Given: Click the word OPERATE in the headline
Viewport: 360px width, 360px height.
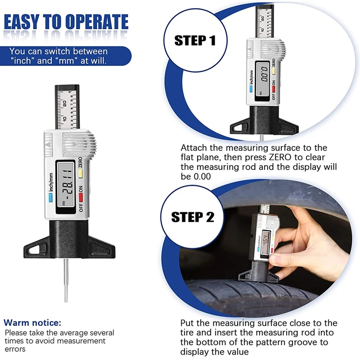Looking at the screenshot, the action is tap(97, 22).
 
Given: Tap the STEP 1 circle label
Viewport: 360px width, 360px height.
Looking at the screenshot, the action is tap(195, 40).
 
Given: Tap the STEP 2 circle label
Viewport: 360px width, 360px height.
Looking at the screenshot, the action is tap(193, 217).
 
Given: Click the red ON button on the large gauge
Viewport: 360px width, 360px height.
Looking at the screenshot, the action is tap(81, 197).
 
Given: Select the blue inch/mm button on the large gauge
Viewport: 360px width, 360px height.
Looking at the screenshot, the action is tap(50, 198).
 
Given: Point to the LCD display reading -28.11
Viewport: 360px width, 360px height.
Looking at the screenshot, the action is tap(66, 187).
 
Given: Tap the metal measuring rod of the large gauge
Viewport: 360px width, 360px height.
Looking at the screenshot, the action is tap(66, 280).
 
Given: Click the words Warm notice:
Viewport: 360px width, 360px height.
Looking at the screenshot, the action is tap(32, 323).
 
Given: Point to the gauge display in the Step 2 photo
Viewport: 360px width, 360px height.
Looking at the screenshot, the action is tap(266, 243).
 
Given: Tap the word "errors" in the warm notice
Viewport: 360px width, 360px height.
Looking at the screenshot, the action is tap(15, 349).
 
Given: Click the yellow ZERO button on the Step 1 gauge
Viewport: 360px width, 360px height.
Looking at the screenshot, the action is tap(274, 71).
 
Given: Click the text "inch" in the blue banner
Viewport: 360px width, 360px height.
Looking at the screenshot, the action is tap(22, 61).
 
